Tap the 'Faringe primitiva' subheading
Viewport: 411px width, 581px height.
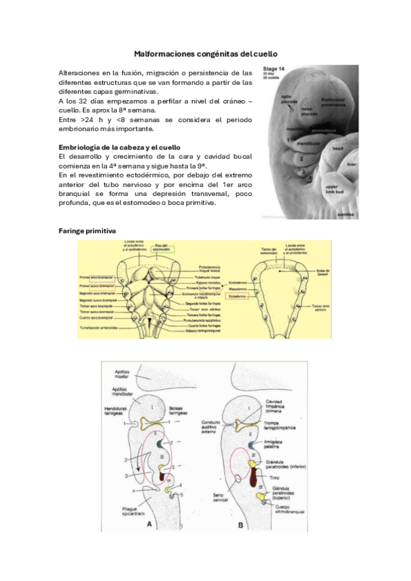coord(87,231)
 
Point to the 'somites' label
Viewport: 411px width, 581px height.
coord(345,214)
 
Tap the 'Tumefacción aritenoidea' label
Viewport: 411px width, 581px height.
coord(97,328)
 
